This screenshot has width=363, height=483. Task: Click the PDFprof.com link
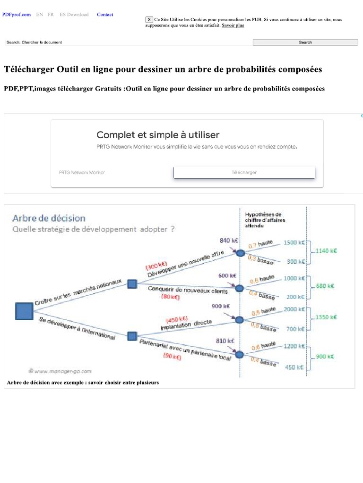[x=17, y=15]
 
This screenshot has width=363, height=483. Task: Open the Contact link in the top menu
[x=105, y=15]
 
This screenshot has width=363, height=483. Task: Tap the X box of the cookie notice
[x=149, y=20]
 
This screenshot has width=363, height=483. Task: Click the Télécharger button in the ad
[x=244, y=173]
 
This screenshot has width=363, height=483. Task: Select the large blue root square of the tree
[x=24, y=311]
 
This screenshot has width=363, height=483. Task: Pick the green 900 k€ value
[x=325, y=357]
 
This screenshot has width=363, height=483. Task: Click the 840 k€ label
[x=228, y=240]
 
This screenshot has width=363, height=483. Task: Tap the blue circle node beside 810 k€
[x=240, y=354]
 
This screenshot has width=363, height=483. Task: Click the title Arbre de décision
[x=49, y=218]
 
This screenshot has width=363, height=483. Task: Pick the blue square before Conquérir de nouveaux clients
[x=132, y=283]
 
